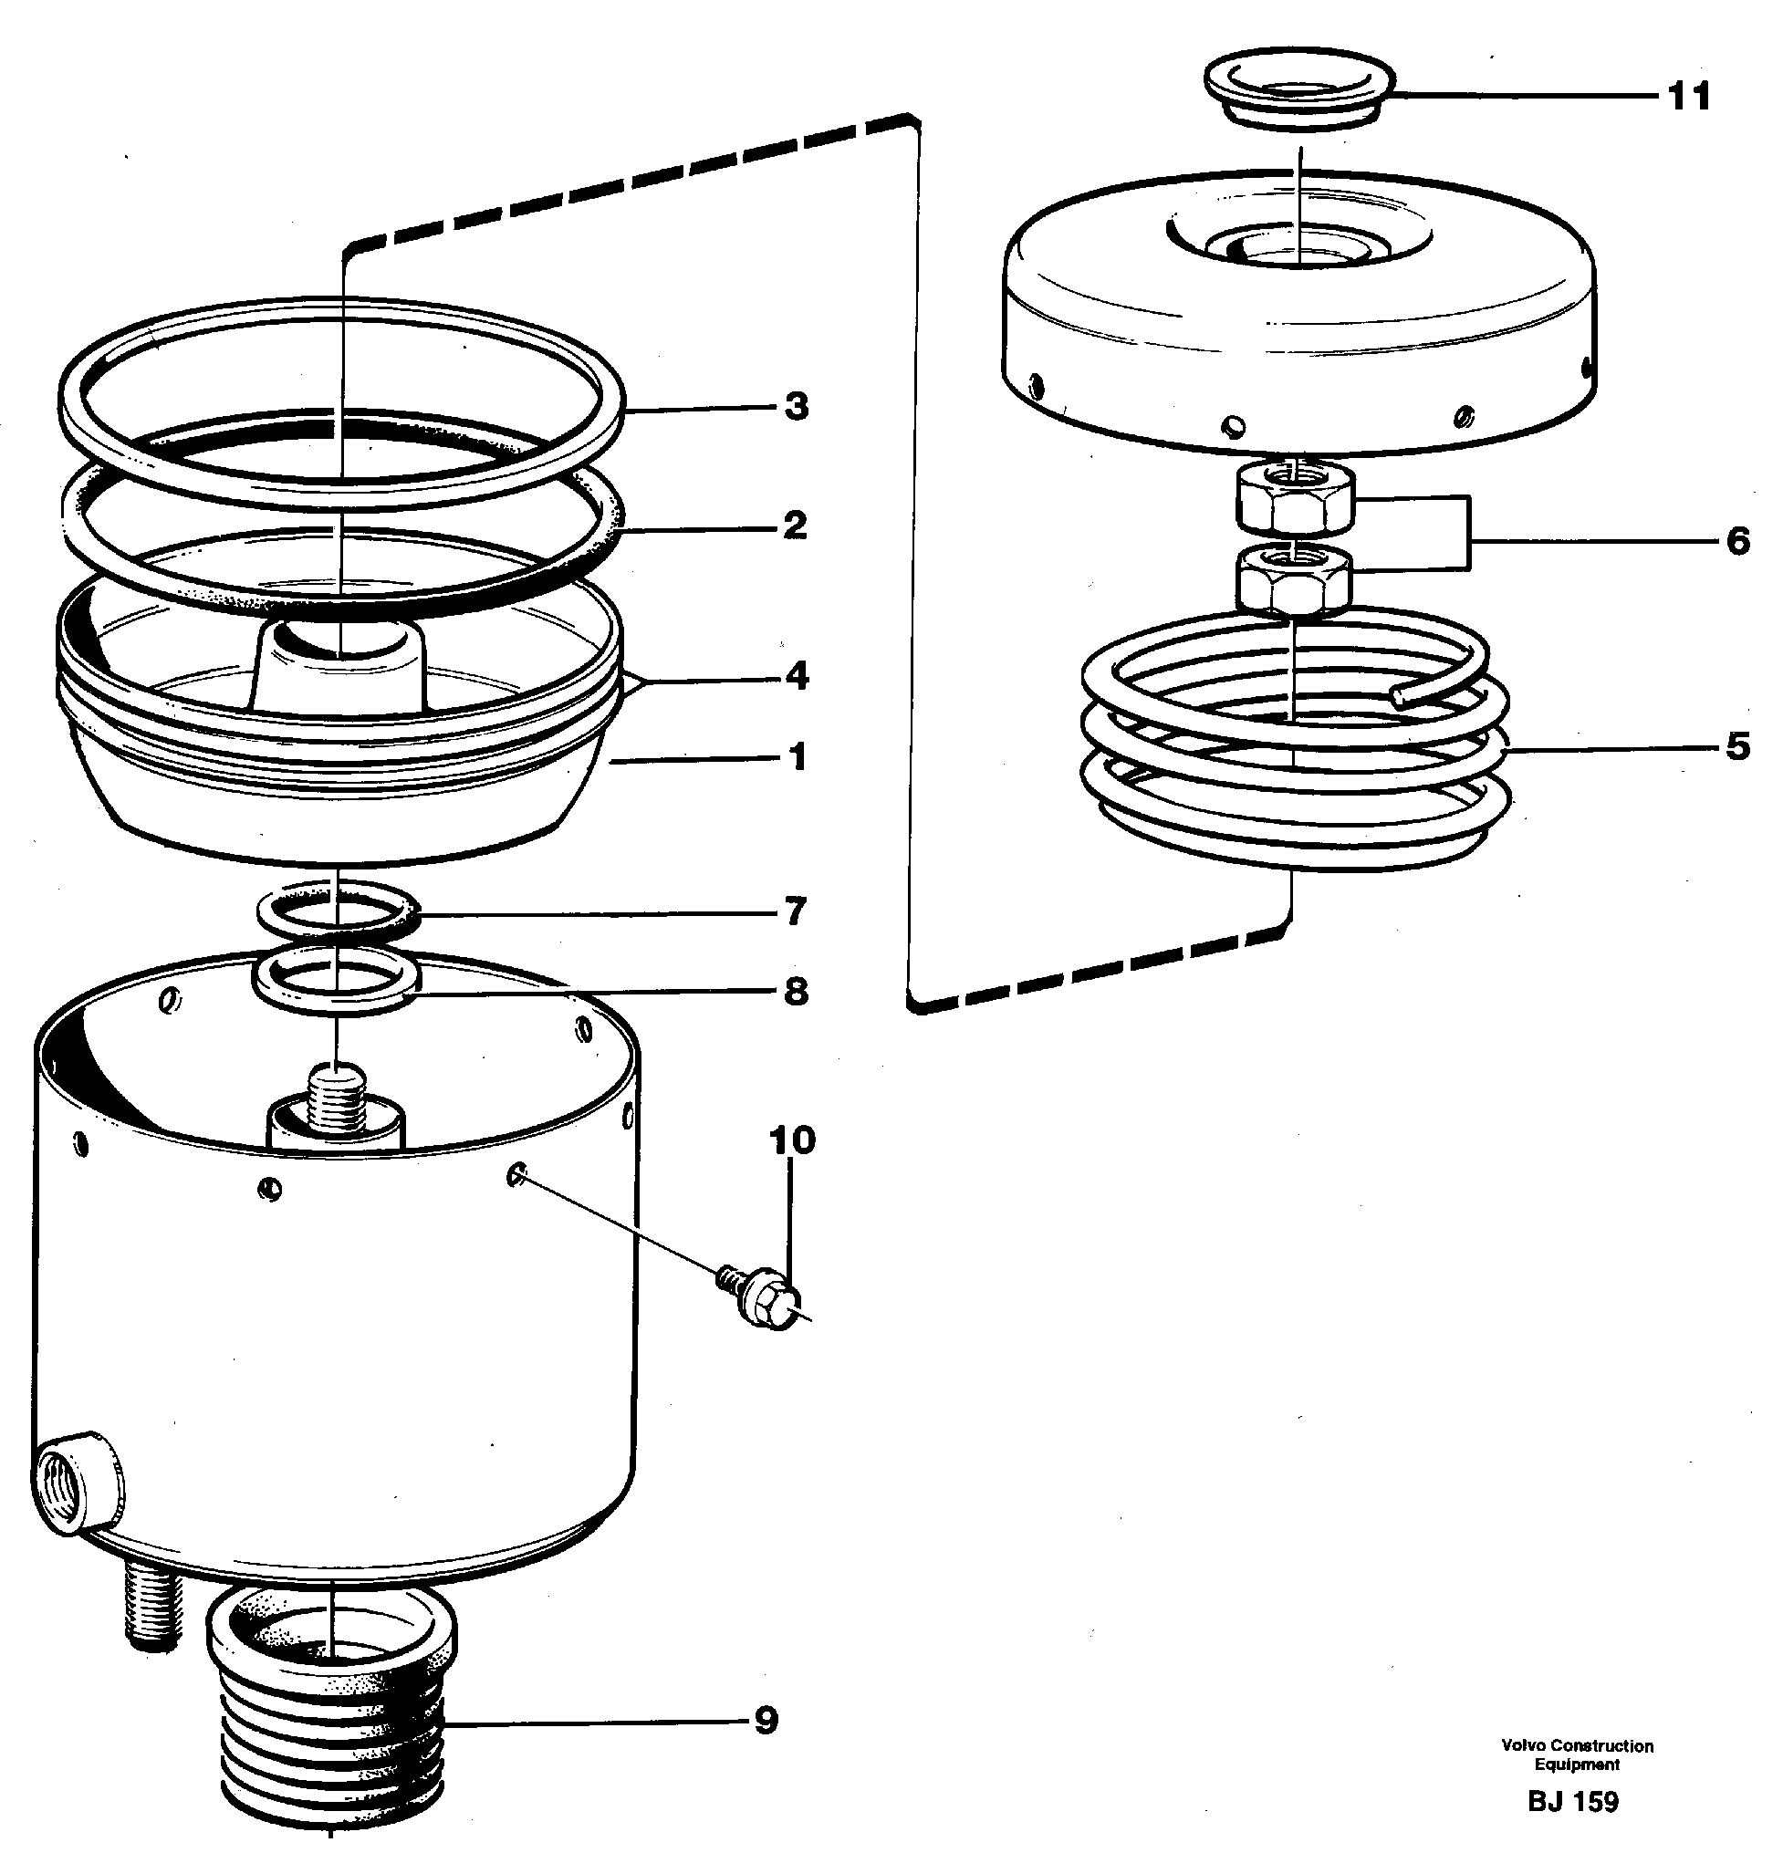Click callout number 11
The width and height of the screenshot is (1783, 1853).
click(x=1688, y=97)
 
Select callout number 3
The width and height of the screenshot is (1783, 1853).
click(x=796, y=407)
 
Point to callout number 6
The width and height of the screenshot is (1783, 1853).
click(x=1737, y=541)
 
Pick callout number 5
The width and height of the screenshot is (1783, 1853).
click(x=1737, y=747)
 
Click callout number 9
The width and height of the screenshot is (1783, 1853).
click(x=766, y=1720)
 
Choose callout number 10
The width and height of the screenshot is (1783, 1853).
click(x=792, y=1140)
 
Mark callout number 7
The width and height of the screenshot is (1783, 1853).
click(x=796, y=911)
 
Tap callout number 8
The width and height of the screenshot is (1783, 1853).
click(x=796, y=992)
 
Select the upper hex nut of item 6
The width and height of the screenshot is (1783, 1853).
click(x=1294, y=504)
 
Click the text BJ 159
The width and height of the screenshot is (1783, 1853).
click(x=1573, y=1802)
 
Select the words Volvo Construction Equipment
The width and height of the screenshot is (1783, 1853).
click(x=1577, y=1754)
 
